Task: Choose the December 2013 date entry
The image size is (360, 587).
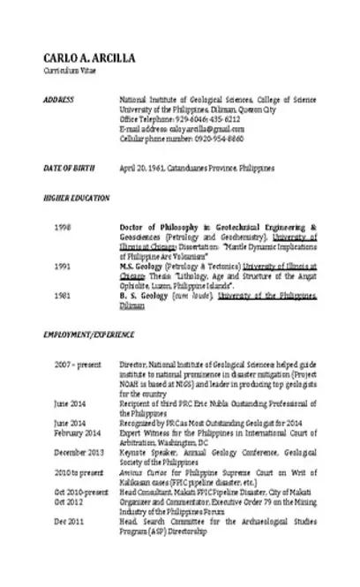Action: click(78, 451)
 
